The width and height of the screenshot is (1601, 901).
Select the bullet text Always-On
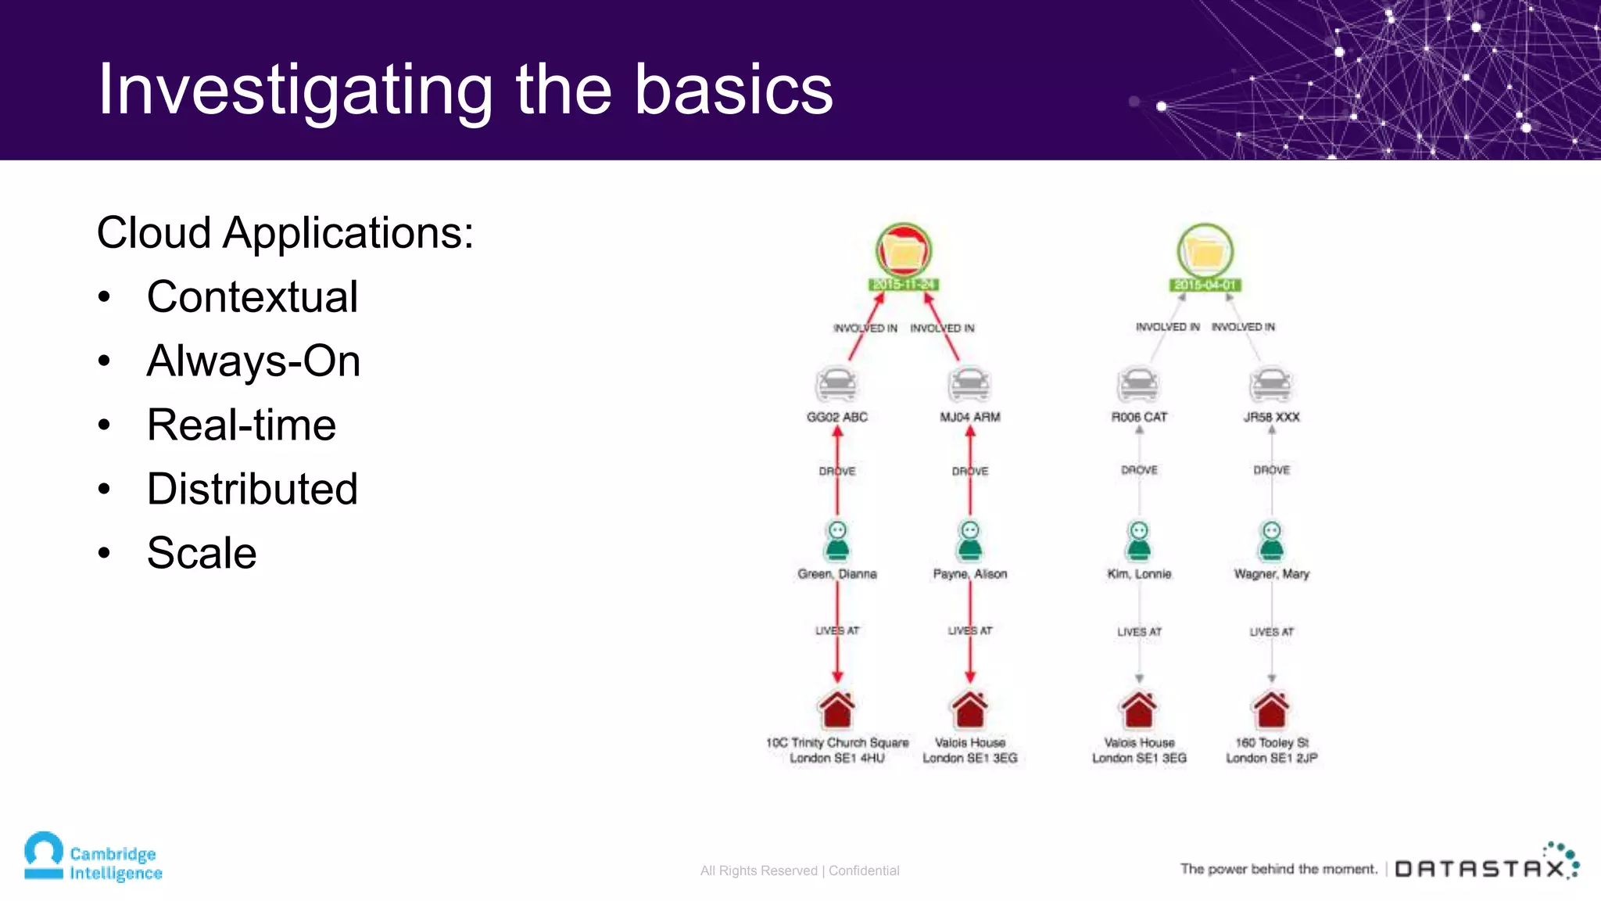tap(253, 361)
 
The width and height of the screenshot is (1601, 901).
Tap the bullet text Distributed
tap(252, 490)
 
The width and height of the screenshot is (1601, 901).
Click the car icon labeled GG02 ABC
tap(836, 384)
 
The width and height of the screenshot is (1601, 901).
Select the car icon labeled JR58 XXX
tap(1271, 384)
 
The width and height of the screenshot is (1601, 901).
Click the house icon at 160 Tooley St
tap(1271, 709)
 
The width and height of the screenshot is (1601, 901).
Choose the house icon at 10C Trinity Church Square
tap(836, 709)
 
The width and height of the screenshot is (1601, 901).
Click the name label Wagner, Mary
tap(1271, 574)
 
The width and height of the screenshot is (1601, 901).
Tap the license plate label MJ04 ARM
tap(970, 418)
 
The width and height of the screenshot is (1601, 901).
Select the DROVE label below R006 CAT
tap(1139, 470)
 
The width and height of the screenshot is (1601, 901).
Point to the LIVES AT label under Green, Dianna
tap(836, 630)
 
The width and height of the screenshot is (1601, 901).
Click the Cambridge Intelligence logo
tap(92, 858)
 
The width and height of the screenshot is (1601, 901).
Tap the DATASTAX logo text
tap(1480, 869)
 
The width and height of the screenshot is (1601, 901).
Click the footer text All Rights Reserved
tap(758, 870)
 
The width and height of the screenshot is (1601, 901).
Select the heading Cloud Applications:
tap(285, 233)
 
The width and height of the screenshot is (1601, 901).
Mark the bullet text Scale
tap(202, 554)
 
